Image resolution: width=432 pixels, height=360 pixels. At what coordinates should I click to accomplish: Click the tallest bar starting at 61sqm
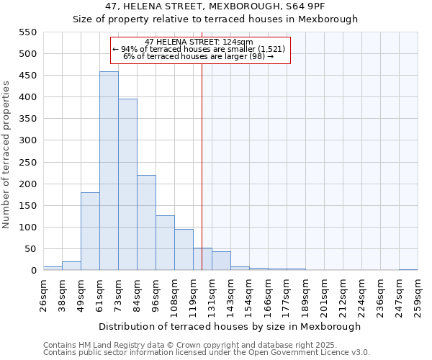(x=109, y=171)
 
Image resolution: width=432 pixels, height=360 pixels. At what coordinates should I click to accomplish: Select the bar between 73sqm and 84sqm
(x=127, y=185)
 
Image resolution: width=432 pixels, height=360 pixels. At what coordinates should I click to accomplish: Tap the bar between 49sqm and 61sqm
(x=90, y=232)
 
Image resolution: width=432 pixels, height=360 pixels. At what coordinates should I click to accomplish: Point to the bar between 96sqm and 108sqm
(x=165, y=243)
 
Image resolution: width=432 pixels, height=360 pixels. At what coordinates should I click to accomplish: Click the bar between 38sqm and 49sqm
(x=71, y=266)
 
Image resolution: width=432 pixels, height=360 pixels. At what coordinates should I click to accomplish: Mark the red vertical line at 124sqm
(x=202, y=166)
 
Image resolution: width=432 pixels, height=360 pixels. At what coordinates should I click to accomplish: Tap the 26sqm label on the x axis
(x=43, y=294)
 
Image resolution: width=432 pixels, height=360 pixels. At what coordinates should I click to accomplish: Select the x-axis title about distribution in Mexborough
(x=230, y=326)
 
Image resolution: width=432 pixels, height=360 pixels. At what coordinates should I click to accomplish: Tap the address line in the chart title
(x=215, y=6)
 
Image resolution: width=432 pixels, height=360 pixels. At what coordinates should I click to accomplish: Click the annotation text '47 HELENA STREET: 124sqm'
(x=199, y=42)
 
